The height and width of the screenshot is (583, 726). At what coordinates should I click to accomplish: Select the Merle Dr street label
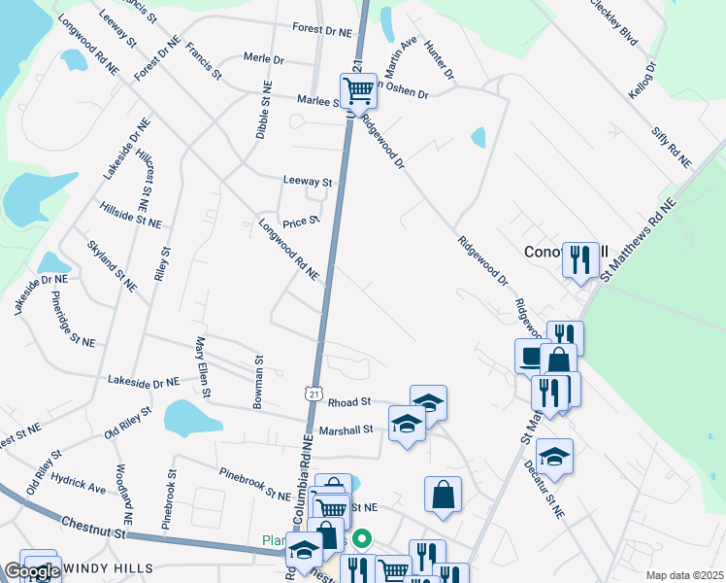coord(263,59)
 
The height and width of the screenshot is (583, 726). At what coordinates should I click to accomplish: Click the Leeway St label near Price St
coord(308,182)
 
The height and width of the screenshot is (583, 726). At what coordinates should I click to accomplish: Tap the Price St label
coord(301,223)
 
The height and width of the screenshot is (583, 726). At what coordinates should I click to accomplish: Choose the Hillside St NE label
coord(130,216)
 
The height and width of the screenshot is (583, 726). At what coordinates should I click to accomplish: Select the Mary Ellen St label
coord(204,367)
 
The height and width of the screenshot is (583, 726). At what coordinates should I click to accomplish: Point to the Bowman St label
coord(259,382)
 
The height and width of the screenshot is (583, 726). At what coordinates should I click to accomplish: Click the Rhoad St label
coord(349,401)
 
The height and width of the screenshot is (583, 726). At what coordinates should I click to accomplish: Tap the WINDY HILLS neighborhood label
coord(107,566)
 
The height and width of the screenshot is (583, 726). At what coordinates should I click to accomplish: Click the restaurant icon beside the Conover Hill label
coord(580,259)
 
